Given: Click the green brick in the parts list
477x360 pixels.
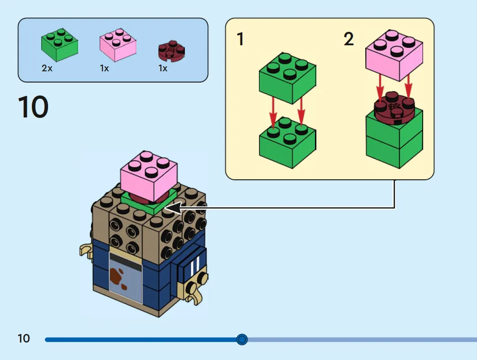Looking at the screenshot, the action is coord(60,45).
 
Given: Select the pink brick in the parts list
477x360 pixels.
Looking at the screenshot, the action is coord(118,45).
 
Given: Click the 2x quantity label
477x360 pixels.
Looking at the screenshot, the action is coord(47,68).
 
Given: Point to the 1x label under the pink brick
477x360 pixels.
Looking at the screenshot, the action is coord(105,68).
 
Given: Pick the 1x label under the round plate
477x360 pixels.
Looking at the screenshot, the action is coord(163,68).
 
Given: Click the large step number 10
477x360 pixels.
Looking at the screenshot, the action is coord(33,107).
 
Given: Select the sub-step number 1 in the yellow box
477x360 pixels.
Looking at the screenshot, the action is coord(241,39).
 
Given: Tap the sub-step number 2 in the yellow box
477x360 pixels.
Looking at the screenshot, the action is coord(349,39).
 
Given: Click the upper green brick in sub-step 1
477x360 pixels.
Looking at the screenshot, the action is coord(288,78).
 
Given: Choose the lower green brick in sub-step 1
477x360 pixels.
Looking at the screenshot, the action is coord(288,143).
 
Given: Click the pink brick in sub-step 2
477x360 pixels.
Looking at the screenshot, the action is coord(394,55).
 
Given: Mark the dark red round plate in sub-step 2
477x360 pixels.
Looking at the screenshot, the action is coord(394,106).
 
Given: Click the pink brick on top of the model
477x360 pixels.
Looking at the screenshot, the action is coord(149,176).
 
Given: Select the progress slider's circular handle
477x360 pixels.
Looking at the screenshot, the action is coord(242,339).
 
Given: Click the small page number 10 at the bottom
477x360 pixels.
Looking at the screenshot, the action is coord(24,338).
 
